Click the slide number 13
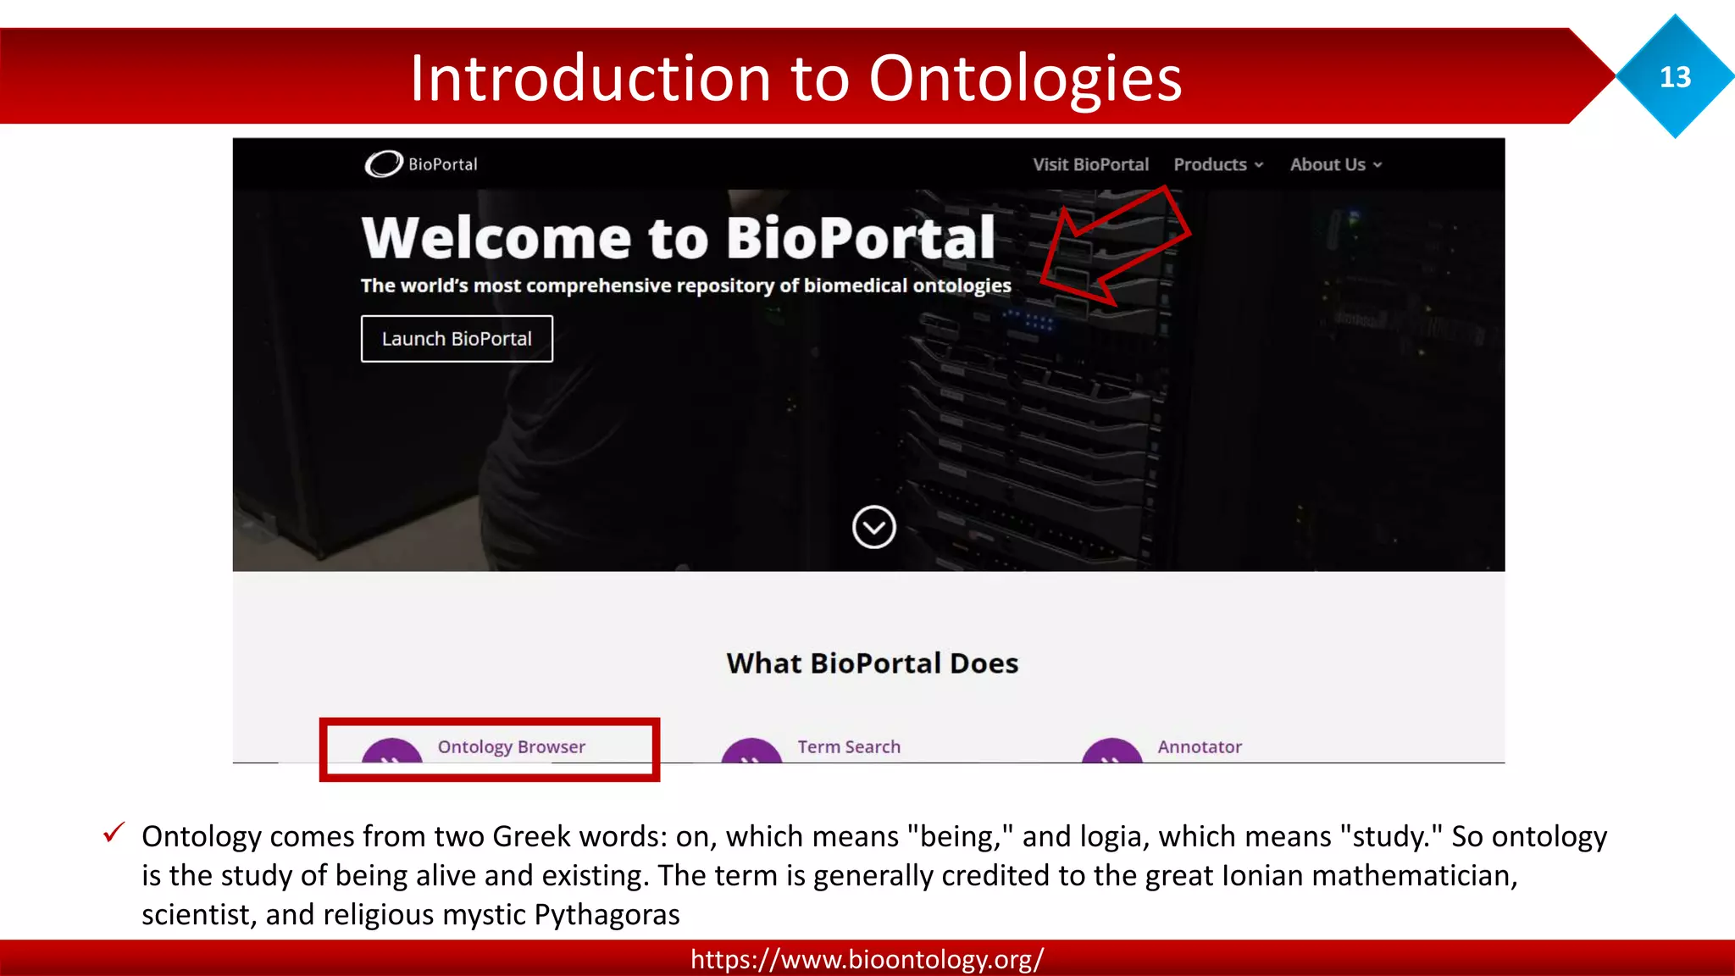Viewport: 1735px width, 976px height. point(1675,77)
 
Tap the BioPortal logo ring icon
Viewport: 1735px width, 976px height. point(384,164)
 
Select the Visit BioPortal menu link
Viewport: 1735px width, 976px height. point(1090,164)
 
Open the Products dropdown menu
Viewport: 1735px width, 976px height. point(1217,164)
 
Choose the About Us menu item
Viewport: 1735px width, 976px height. point(1335,164)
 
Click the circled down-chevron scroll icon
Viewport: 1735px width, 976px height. point(873,528)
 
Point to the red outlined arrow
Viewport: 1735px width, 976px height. point(1114,247)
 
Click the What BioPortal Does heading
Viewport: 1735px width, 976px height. point(872,663)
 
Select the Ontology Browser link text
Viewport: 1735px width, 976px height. point(511,746)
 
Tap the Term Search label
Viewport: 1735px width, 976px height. point(849,746)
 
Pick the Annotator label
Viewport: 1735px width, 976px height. point(1200,746)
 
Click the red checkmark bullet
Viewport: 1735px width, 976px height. point(114,833)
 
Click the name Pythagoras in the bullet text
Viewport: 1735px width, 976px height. point(607,915)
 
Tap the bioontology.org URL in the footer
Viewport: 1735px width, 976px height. point(867,959)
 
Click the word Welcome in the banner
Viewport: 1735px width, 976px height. point(496,238)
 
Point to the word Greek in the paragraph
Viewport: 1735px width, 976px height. point(531,836)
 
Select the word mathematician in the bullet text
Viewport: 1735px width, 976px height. point(1412,875)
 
